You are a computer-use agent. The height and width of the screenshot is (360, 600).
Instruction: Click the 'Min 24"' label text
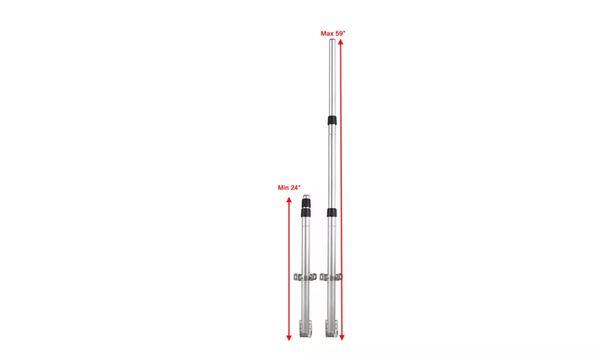point(289,187)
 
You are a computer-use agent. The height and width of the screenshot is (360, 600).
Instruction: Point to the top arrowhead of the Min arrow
point(289,201)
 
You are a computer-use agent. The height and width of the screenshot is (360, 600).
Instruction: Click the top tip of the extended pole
point(332,42)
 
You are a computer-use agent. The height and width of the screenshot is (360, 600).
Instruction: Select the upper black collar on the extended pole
point(332,121)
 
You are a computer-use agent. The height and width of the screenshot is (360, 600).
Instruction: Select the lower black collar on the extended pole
point(332,213)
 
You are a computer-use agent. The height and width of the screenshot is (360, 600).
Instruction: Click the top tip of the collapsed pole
point(306,197)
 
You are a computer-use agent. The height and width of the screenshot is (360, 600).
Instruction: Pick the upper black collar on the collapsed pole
point(306,204)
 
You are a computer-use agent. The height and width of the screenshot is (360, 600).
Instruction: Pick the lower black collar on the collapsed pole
point(306,213)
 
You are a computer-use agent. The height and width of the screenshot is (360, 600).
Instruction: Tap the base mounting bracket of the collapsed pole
point(306,328)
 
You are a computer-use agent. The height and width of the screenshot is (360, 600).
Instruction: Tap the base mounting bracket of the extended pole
point(331,328)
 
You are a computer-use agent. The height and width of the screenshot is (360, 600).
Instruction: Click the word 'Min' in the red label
point(284,187)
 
